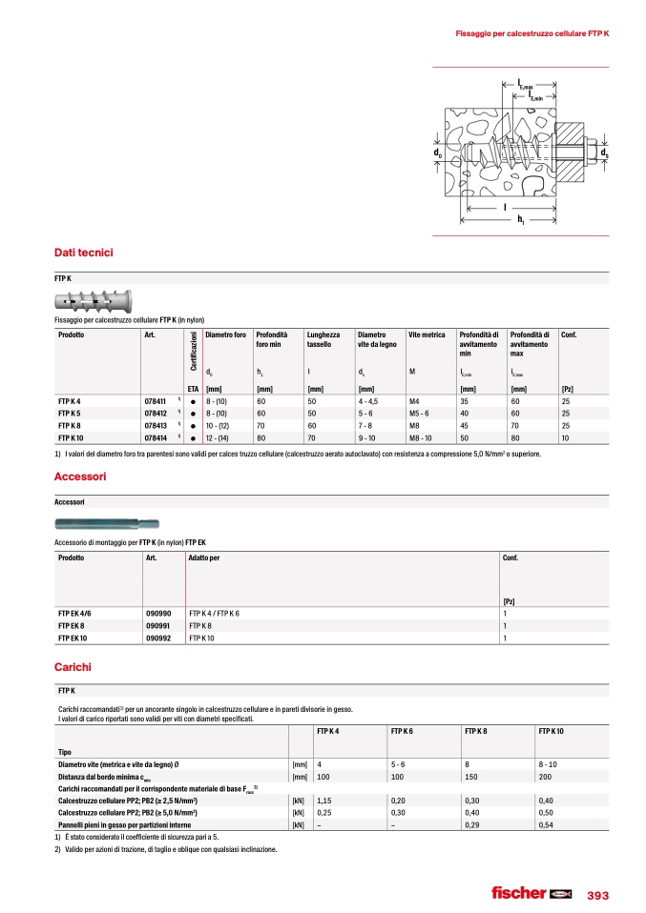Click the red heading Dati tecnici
[84, 253]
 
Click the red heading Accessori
[80, 476]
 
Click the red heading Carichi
[73, 667]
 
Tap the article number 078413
[156, 426]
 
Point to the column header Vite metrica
[427, 335]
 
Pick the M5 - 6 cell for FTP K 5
[422, 414]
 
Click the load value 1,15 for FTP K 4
[324, 801]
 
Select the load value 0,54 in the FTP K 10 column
[546, 824]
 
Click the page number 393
[597, 895]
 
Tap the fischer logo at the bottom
[531, 894]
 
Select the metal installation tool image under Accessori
[108, 523]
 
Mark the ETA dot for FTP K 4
[193, 402]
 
